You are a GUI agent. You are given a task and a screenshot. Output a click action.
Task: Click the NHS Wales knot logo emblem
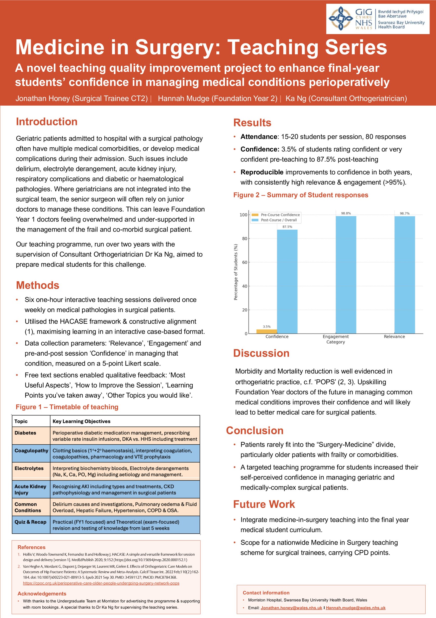(x=340, y=18)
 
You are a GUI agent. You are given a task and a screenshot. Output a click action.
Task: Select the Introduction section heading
(x=47, y=122)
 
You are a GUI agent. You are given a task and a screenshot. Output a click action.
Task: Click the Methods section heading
(x=37, y=285)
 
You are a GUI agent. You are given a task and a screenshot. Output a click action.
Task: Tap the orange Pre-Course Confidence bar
(x=266, y=331)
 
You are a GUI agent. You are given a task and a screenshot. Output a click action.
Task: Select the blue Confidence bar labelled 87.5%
(x=287, y=281)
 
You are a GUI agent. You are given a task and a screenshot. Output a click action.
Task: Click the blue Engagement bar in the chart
(x=346, y=275)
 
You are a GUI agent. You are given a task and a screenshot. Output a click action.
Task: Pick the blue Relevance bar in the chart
(x=404, y=275)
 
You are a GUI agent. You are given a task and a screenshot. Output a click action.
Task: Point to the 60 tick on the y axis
(x=245, y=262)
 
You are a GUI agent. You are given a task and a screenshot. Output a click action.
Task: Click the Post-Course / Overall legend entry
(x=278, y=220)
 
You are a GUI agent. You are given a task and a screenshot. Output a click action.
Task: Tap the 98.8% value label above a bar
(x=346, y=213)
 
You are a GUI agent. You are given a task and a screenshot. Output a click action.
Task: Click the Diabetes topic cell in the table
(x=25, y=433)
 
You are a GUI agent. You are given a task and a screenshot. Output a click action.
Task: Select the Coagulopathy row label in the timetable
(x=31, y=451)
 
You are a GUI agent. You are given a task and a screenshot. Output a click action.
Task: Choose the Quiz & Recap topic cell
(x=30, y=522)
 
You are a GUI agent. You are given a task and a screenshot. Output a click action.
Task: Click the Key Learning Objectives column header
(x=81, y=421)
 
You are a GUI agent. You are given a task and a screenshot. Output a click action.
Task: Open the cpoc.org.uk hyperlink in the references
(x=101, y=583)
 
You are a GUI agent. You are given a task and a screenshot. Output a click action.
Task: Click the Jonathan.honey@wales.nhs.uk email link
(x=291, y=608)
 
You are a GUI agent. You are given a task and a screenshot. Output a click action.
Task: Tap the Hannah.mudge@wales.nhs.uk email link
(x=355, y=608)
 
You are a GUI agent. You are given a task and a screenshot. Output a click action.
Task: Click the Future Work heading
(x=264, y=504)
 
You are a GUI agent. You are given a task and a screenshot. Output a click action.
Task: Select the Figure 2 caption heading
(x=301, y=195)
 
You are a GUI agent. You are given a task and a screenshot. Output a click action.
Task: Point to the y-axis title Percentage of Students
(x=236, y=272)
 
